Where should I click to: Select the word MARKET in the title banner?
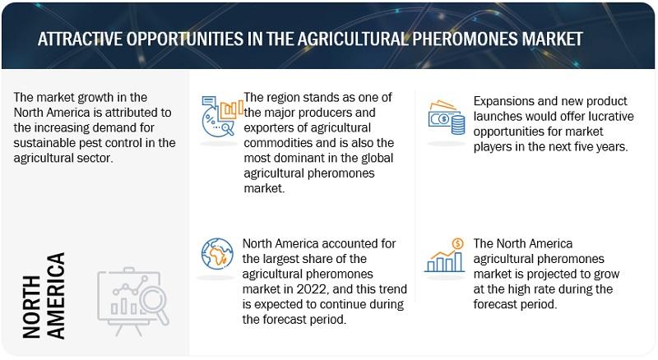(552, 39)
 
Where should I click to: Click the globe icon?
(217, 254)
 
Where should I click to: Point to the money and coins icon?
(447, 118)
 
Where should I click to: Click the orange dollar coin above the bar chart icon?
(458, 243)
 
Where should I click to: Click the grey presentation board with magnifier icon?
(133, 302)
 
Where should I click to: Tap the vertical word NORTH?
(31, 307)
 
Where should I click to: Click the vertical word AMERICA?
(56, 295)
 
